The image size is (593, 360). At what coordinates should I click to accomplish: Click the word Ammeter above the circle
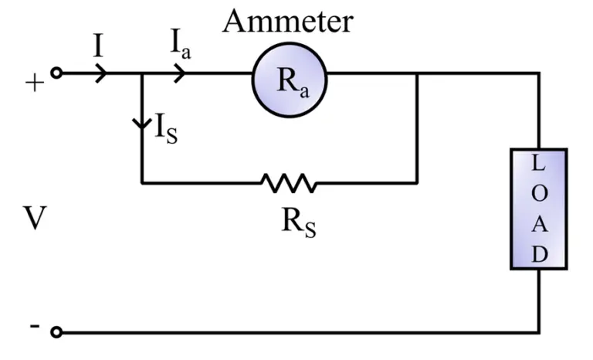287,21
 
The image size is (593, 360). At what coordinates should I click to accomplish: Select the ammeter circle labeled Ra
289,76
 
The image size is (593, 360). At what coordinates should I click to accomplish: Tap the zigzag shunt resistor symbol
289,183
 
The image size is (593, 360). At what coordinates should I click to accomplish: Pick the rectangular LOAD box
539,209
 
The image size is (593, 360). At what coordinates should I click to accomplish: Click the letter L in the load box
539,164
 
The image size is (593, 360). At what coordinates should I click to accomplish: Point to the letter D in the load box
539,253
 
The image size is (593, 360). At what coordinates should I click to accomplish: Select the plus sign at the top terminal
34,83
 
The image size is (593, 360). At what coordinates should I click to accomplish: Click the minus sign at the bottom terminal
34,326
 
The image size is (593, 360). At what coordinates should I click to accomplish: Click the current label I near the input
98,46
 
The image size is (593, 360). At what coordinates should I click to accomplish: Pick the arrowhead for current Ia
179,74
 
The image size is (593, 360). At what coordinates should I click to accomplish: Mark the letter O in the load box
539,194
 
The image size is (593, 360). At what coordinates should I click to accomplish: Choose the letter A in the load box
539,224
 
